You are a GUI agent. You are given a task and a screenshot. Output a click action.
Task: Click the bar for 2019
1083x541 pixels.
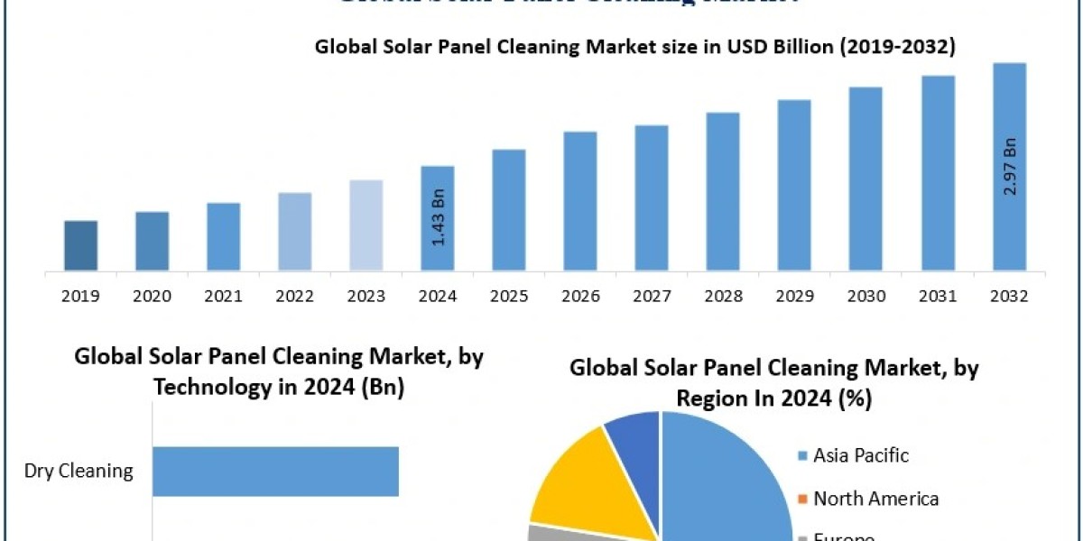81,245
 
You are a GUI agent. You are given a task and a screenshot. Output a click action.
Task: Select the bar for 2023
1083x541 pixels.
366,225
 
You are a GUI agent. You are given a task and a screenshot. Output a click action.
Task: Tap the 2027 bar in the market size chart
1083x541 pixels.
651,197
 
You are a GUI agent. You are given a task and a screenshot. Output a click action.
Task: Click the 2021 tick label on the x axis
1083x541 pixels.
224,296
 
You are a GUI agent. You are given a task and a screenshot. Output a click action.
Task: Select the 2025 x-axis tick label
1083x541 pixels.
509,296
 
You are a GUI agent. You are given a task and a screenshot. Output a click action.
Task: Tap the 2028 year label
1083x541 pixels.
723,296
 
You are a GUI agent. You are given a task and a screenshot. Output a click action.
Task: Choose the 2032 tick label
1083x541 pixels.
1009,296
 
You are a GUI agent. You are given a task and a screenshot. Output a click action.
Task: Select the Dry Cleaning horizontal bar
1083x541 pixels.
275,471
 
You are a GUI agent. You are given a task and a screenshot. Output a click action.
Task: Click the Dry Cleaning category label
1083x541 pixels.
79,471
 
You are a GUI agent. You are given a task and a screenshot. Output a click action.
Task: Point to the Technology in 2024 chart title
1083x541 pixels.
279,371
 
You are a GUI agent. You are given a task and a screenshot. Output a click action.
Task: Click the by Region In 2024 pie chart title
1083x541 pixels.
774,383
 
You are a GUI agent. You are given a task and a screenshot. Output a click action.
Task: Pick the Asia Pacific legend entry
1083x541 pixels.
860,455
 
